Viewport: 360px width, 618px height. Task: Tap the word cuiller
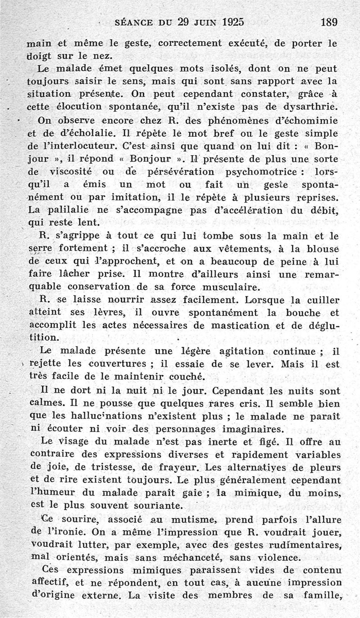(x=321, y=300)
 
